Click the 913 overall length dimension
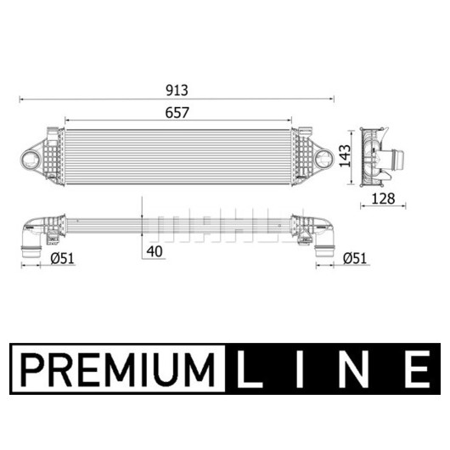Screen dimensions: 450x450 coord(177,90)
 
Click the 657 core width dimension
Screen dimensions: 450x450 coord(177,112)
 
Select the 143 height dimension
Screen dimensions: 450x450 coord(345,156)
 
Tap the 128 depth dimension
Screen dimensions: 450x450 coord(383,199)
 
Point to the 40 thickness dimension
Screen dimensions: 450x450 coord(155,251)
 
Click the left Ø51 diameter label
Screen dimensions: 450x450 coord(62,258)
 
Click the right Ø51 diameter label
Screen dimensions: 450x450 coord(355,258)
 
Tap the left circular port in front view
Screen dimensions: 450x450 coord(30,159)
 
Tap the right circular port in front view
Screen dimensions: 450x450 coord(324,158)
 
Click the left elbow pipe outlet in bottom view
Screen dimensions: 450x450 coord(31,250)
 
